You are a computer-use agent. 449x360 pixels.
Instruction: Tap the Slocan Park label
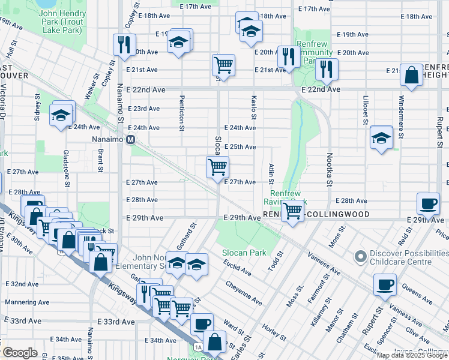[244, 253]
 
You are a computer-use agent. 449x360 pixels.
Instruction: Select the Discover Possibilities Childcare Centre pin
[360, 257]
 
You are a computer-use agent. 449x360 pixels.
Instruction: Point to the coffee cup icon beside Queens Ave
[385, 284]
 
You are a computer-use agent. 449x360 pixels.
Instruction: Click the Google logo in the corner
[20, 353]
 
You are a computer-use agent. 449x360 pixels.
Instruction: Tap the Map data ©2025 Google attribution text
[411, 355]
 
